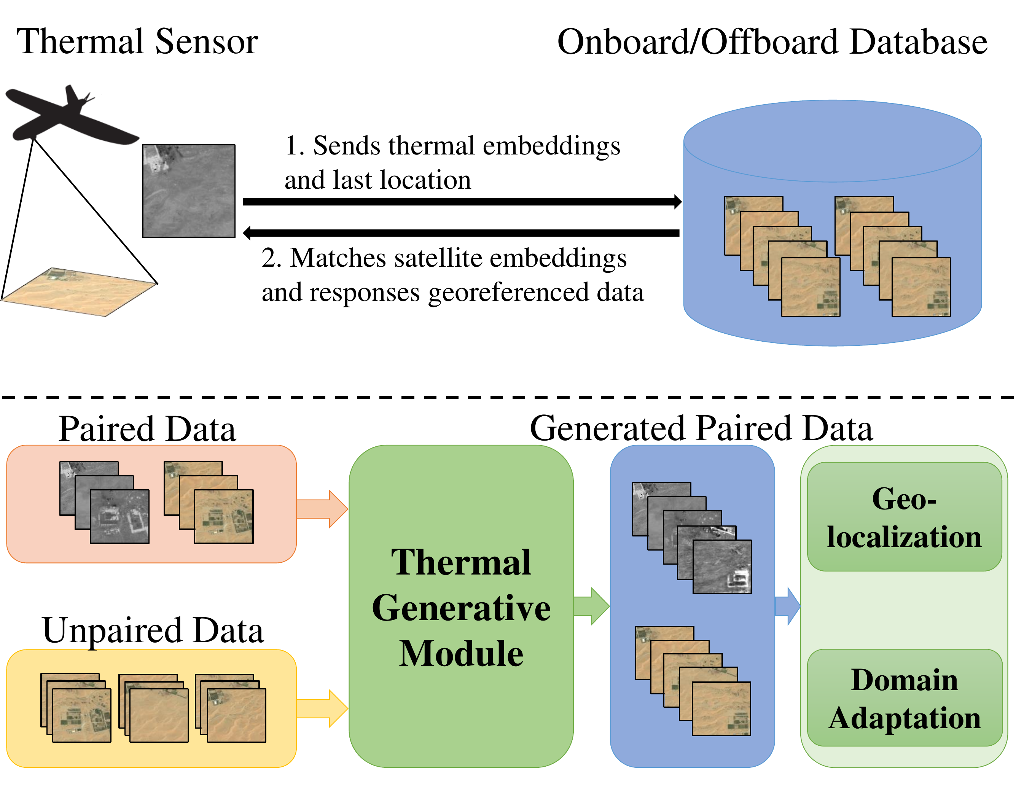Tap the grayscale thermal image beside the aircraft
(x=188, y=191)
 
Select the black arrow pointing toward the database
(x=461, y=202)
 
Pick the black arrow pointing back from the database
(x=461, y=232)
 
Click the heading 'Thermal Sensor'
(x=137, y=42)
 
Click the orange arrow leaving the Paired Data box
(x=323, y=509)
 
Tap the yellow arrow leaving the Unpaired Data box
(x=323, y=708)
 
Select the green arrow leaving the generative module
(x=591, y=606)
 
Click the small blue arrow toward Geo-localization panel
(x=788, y=606)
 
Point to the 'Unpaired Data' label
(x=153, y=630)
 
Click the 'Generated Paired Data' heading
(x=701, y=428)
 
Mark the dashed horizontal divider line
(x=508, y=398)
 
